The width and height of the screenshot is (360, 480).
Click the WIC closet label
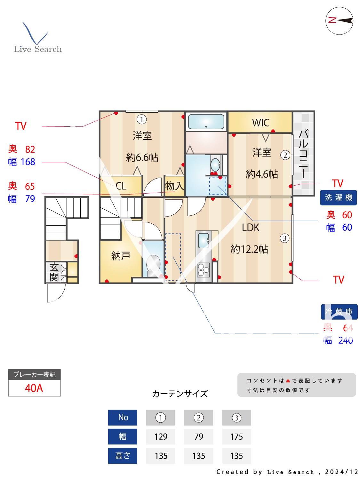(260, 123)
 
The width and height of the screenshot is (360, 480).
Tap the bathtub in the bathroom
(206, 122)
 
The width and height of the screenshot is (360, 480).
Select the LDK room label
(251, 228)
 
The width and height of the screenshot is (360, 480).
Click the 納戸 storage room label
(121, 256)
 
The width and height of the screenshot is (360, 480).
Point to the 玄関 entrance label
(54, 272)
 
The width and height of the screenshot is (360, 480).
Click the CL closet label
(121, 186)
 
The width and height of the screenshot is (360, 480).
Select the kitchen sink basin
(203, 240)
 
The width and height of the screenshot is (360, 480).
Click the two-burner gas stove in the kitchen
(204, 270)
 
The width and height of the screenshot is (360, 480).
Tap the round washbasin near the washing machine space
(215, 165)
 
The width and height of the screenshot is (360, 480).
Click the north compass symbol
(339, 21)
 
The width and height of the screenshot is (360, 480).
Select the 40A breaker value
(34, 388)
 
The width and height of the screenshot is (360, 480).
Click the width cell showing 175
(236, 437)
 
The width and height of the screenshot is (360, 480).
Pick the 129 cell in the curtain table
(161, 437)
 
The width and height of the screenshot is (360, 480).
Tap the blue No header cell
(123, 418)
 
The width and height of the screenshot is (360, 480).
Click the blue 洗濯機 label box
(338, 197)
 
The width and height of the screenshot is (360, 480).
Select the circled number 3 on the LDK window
(284, 238)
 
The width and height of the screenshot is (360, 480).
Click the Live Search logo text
(38, 49)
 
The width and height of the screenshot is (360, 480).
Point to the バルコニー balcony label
(303, 154)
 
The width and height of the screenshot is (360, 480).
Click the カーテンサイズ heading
(180, 394)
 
